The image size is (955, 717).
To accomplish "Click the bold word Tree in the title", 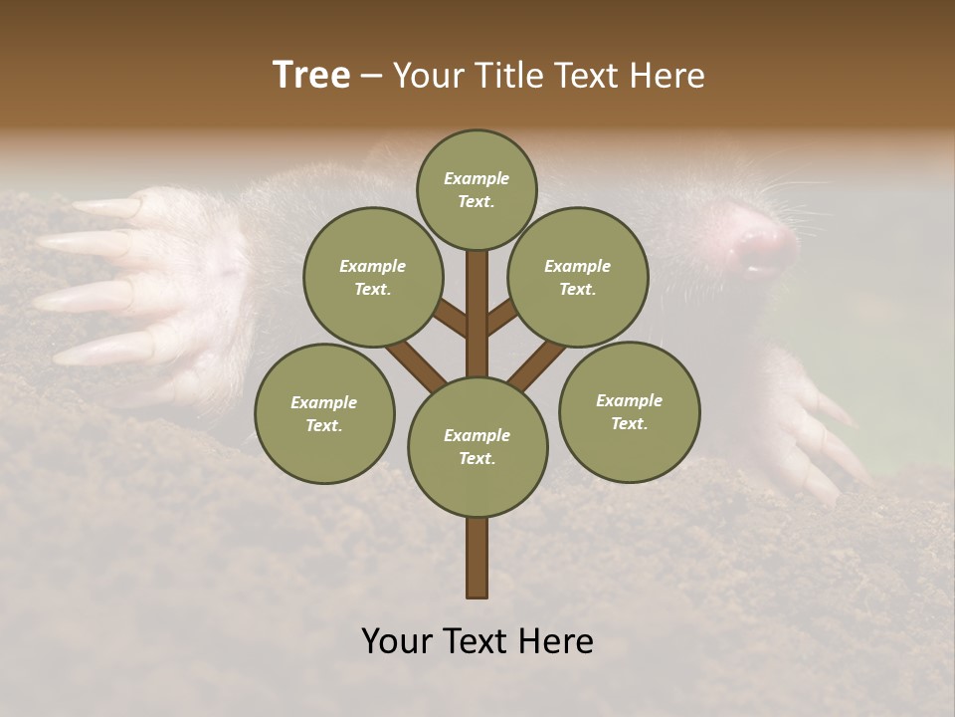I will pyautogui.click(x=311, y=76).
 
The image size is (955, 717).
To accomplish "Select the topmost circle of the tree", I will pyautogui.click(x=477, y=189).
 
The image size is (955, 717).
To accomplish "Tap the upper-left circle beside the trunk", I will pyautogui.click(x=373, y=277).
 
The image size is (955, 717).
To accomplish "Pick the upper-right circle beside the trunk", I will pyautogui.click(x=578, y=277).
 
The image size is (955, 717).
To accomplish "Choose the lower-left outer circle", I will pyautogui.click(x=324, y=413).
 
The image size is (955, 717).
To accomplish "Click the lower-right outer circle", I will pyautogui.click(x=629, y=411).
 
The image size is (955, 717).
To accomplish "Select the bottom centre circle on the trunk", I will pyautogui.click(x=477, y=446).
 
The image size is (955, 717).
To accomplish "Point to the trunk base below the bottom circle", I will pyautogui.click(x=477, y=558).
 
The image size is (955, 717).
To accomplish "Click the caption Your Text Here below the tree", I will pyautogui.click(x=477, y=641).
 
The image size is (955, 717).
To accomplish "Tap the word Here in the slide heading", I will pyautogui.click(x=668, y=76).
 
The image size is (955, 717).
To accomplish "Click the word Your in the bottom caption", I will pyautogui.click(x=396, y=641).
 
